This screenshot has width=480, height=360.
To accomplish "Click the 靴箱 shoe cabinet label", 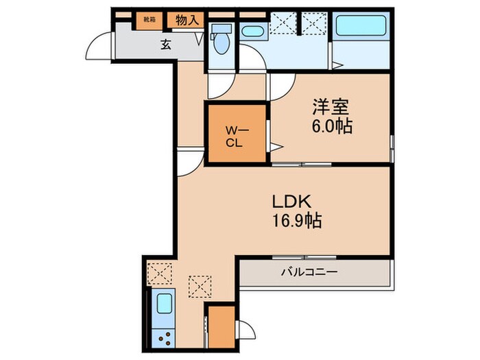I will click(149, 20).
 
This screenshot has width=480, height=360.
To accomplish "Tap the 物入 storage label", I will click(187, 20).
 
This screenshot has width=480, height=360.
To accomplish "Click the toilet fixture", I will click(220, 43).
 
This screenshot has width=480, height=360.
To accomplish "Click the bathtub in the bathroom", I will click(361, 30).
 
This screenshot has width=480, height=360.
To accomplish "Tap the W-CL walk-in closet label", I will click(235, 135).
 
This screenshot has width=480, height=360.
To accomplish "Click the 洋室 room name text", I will click(331, 108).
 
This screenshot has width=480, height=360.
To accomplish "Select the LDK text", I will click(294, 202).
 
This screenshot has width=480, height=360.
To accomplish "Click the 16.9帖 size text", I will click(294, 222).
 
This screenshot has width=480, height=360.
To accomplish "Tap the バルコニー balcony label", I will click(309, 272).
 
